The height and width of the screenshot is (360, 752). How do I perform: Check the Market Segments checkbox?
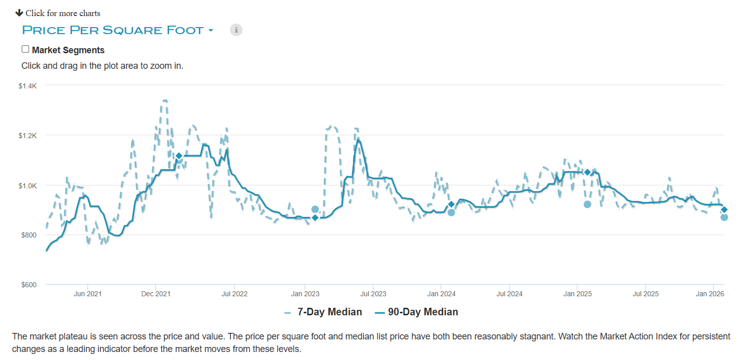[25, 49]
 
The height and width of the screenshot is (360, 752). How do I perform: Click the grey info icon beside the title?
[236, 30]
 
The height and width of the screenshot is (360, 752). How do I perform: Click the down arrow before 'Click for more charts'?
[19, 13]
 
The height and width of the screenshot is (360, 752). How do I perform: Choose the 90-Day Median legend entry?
[416, 312]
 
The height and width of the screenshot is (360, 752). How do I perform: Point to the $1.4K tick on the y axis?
[28, 86]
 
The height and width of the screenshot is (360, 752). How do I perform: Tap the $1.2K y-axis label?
[28, 136]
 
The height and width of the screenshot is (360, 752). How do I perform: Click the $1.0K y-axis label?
[28, 185]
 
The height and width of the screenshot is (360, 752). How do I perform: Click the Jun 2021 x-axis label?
[87, 294]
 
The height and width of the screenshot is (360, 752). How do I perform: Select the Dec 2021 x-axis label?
[156, 294]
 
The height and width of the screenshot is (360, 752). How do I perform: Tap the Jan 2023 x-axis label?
[305, 294]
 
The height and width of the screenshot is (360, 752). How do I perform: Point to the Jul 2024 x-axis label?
[509, 294]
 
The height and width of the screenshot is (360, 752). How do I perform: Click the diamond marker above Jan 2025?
[587, 172]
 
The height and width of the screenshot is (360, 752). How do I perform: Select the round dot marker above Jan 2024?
[451, 212]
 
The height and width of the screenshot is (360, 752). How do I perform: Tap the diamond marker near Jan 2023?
[315, 217]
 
